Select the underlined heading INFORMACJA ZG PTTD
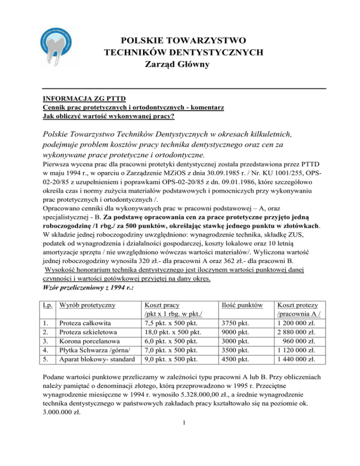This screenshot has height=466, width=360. pos(75,99)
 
